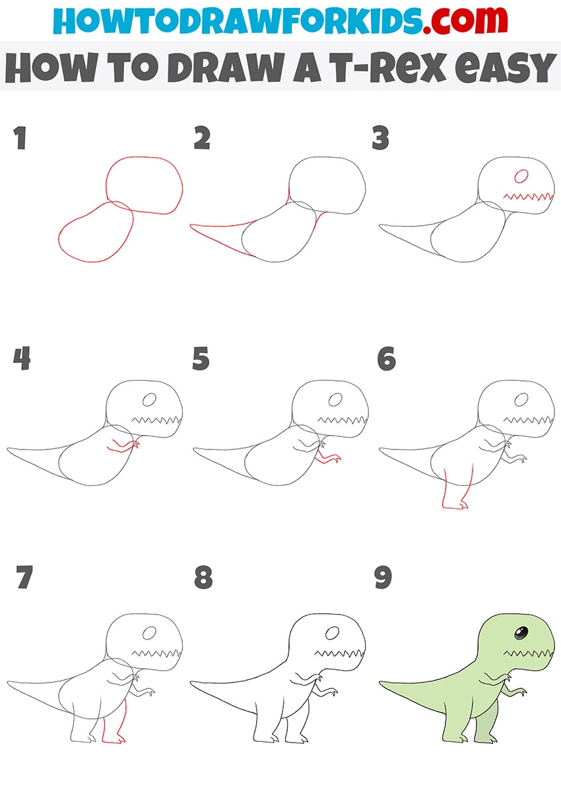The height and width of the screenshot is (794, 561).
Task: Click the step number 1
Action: click(x=20, y=138)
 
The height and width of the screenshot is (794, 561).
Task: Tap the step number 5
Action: click(x=201, y=358)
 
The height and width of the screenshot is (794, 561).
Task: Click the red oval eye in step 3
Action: click(x=521, y=176)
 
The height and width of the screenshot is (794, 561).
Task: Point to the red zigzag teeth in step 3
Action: click(x=528, y=197)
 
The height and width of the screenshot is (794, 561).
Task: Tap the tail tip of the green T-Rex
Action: click(x=381, y=682)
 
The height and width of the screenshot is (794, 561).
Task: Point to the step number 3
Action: click(x=381, y=138)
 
